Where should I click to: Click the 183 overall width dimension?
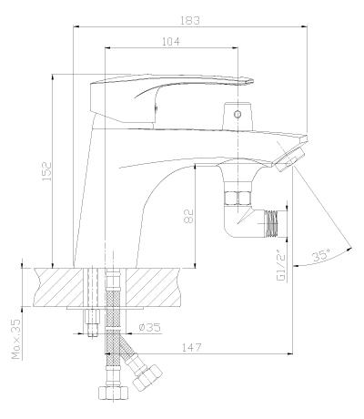pyautogui.click(x=190, y=21)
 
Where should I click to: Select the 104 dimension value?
pyautogui.click(x=171, y=41)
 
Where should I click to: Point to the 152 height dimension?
pyautogui.click(x=46, y=171)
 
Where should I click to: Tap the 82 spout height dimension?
pyautogui.click(x=188, y=216)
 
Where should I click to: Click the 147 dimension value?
pyautogui.click(x=191, y=347)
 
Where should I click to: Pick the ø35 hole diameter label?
pyautogui.click(x=149, y=327)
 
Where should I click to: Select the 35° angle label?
pyautogui.click(x=321, y=255)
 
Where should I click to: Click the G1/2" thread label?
pyautogui.click(x=282, y=265)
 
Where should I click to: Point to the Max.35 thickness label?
pyautogui.click(x=16, y=339)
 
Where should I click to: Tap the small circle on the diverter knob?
pyautogui.click(x=238, y=114)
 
